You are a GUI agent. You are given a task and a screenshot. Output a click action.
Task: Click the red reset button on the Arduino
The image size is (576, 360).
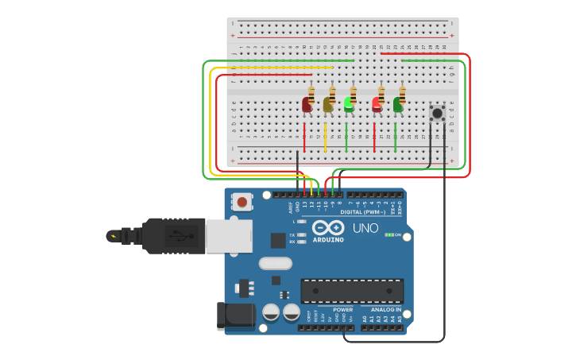tap(242, 203)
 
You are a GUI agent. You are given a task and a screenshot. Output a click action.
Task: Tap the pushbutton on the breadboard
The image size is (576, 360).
tap(437, 113)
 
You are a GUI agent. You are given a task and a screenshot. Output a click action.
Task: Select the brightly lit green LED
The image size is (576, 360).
tap(349, 103)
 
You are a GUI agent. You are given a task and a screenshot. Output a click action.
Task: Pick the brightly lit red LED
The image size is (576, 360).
tap(377, 103)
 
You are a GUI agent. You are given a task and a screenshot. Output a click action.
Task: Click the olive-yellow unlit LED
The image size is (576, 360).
tap(327, 104)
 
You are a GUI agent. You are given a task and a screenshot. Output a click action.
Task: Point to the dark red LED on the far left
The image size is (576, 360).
tap(307, 104)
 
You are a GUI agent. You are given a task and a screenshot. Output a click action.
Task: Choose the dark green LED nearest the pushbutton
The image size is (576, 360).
tap(398, 104)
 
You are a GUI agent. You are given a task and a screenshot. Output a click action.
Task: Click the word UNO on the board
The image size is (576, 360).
tap(365, 228)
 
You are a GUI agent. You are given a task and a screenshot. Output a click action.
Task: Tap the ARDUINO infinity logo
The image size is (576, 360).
tap(327, 228)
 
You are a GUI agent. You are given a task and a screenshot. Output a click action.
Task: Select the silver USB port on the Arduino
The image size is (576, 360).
tap(229, 236)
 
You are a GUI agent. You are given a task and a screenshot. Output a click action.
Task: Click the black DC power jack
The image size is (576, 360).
tap(235, 315)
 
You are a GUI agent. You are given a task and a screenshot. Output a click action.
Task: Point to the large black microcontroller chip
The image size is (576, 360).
tap(351, 291)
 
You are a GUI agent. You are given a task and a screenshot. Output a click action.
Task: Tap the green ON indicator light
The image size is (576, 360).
tap(388, 235)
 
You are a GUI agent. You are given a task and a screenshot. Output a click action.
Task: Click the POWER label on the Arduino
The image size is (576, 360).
tap(342, 309)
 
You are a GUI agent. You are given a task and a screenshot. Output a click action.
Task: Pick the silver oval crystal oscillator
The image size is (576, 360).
tap(275, 263)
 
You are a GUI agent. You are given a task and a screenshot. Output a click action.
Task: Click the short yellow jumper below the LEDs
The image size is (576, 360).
tap(325, 137)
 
